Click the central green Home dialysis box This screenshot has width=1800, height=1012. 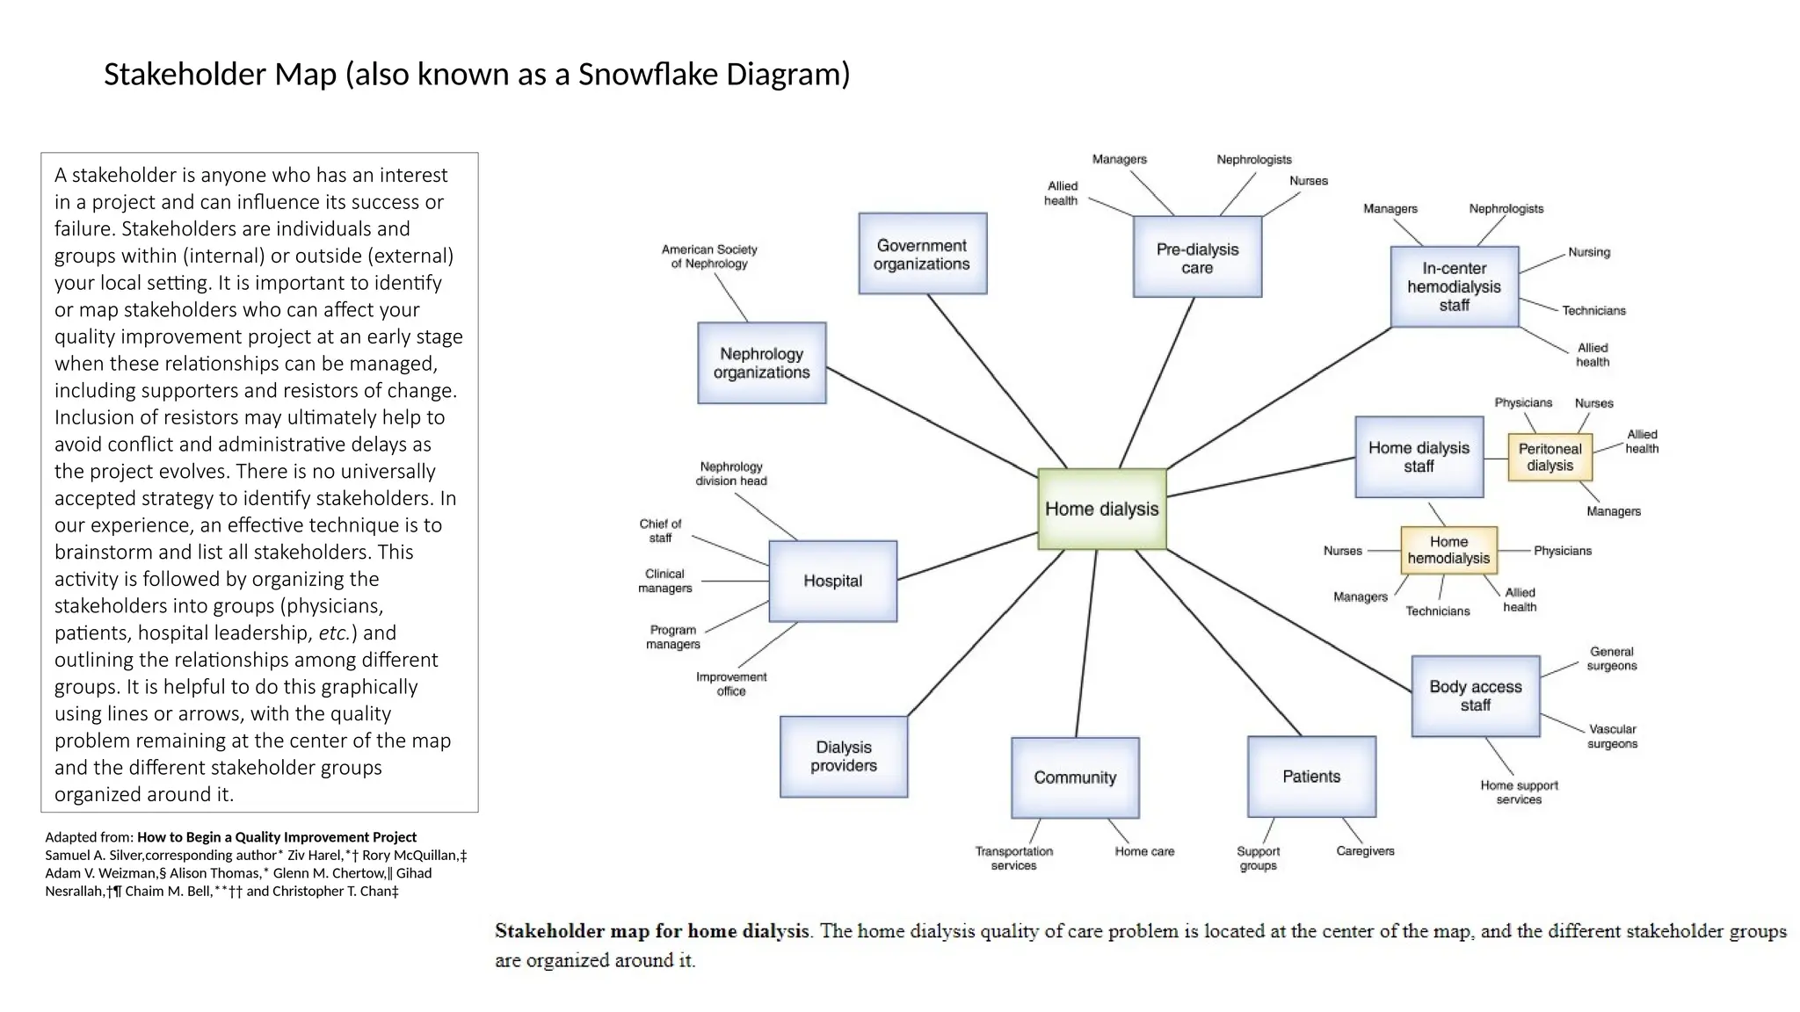[x=1101, y=510]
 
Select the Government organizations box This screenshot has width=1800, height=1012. [x=922, y=254]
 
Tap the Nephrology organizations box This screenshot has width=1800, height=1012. [x=761, y=363]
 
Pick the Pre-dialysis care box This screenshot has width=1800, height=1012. [x=1197, y=257]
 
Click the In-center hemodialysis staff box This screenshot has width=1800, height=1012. [x=1454, y=286]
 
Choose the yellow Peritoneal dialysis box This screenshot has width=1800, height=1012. [x=1550, y=457]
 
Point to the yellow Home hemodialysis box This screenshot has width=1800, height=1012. [x=1448, y=550]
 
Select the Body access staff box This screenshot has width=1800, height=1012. [x=1475, y=696]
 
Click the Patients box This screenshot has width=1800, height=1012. [x=1311, y=777]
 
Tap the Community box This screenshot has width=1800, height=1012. [x=1075, y=777]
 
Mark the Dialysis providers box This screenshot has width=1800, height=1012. [x=844, y=756]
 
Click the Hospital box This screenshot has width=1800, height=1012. [x=832, y=581]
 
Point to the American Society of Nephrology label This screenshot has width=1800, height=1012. [x=709, y=257]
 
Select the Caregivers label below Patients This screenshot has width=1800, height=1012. [x=1365, y=850]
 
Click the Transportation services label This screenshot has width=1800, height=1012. [x=1013, y=858]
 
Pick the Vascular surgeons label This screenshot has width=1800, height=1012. [x=1612, y=736]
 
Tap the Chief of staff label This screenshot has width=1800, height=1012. [x=660, y=531]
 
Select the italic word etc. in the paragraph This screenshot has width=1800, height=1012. [x=334, y=633]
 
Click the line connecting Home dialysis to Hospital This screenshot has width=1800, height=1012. [x=967, y=556]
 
